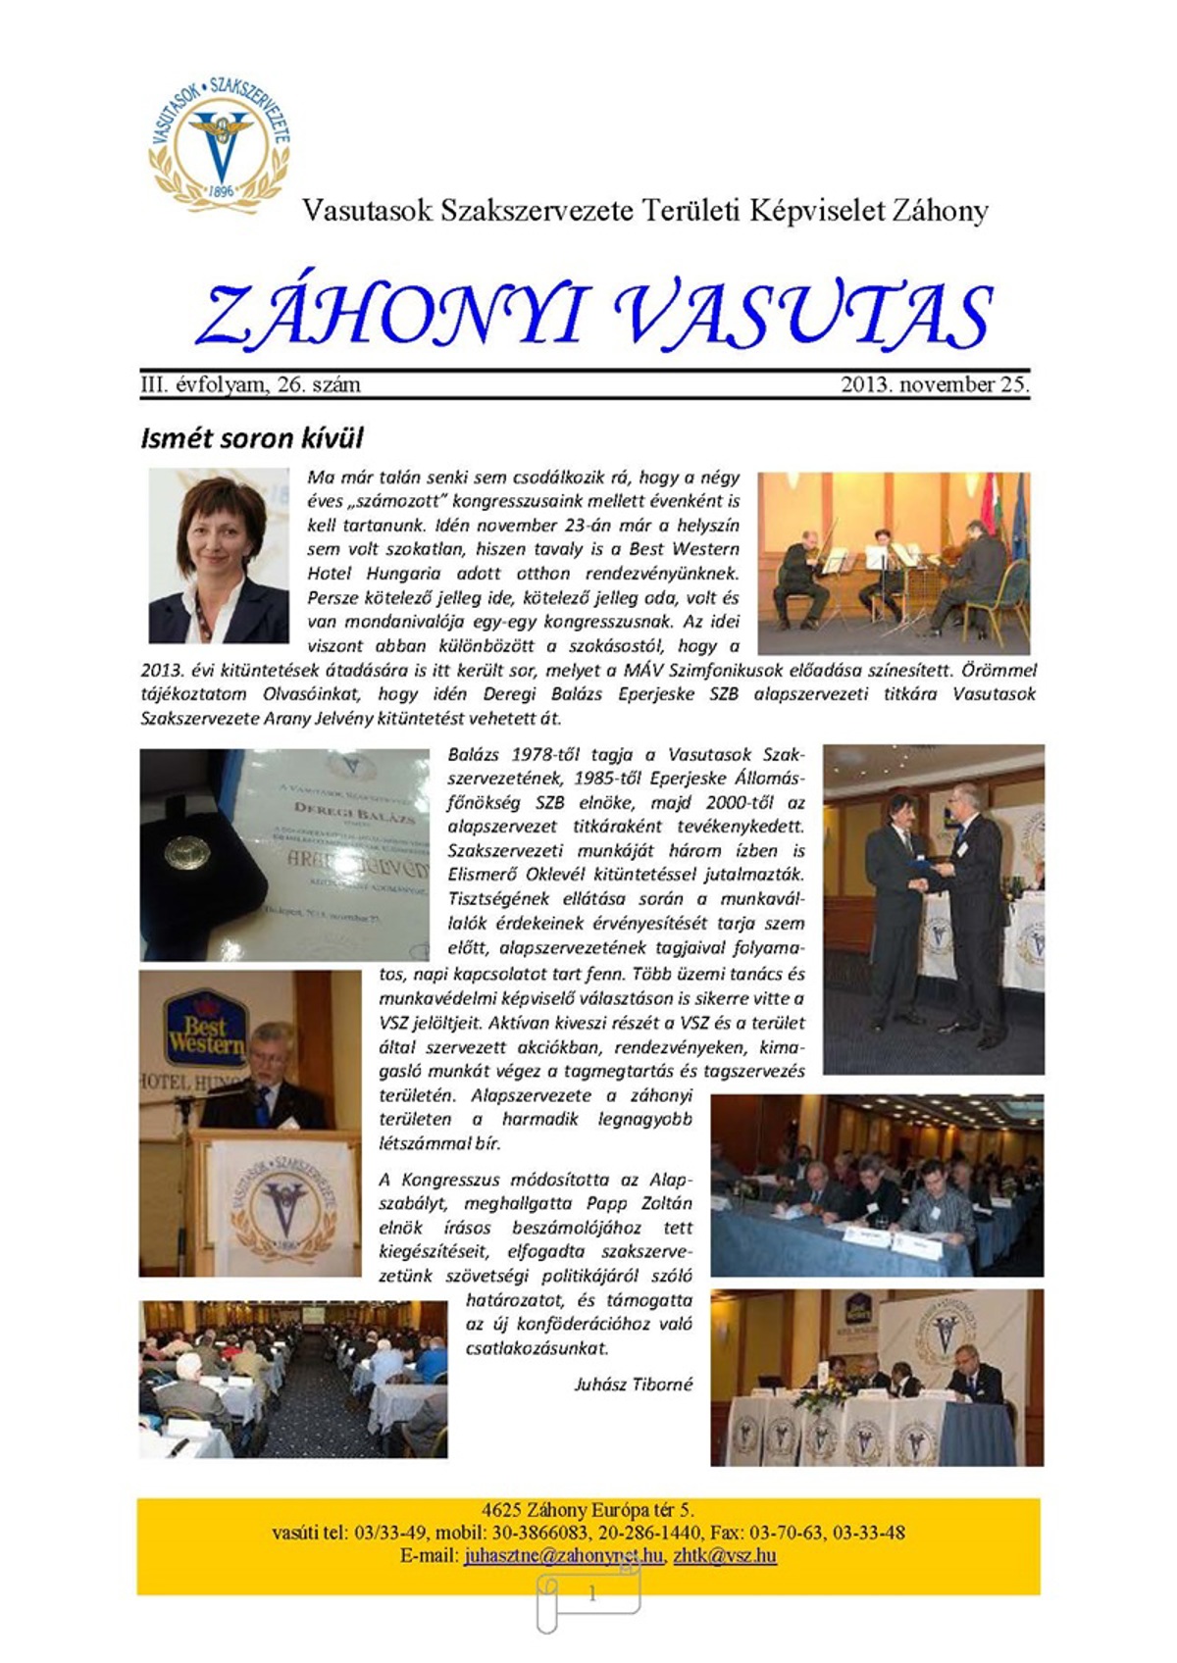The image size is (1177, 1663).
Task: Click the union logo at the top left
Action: click(x=219, y=143)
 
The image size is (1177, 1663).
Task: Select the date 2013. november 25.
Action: click(x=935, y=384)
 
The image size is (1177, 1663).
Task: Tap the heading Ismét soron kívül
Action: click(x=251, y=437)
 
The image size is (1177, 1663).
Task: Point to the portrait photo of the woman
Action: click(x=219, y=556)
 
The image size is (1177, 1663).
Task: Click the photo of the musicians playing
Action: click(x=894, y=563)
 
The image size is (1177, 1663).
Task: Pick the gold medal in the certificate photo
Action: click(x=181, y=850)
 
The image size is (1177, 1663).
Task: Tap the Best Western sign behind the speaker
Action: click(x=205, y=1026)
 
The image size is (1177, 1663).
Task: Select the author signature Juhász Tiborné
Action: click(x=633, y=1385)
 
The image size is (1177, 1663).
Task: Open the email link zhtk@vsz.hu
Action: click(x=725, y=1555)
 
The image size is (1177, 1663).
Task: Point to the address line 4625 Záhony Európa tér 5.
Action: click(x=588, y=1510)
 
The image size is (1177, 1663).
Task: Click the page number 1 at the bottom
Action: click(x=591, y=1594)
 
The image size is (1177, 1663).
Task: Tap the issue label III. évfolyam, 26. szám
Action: click(x=250, y=384)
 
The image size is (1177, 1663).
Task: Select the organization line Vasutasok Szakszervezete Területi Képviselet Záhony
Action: click(x=644, y=211)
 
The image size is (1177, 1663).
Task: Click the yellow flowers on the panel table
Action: click(x=820, y=1394)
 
